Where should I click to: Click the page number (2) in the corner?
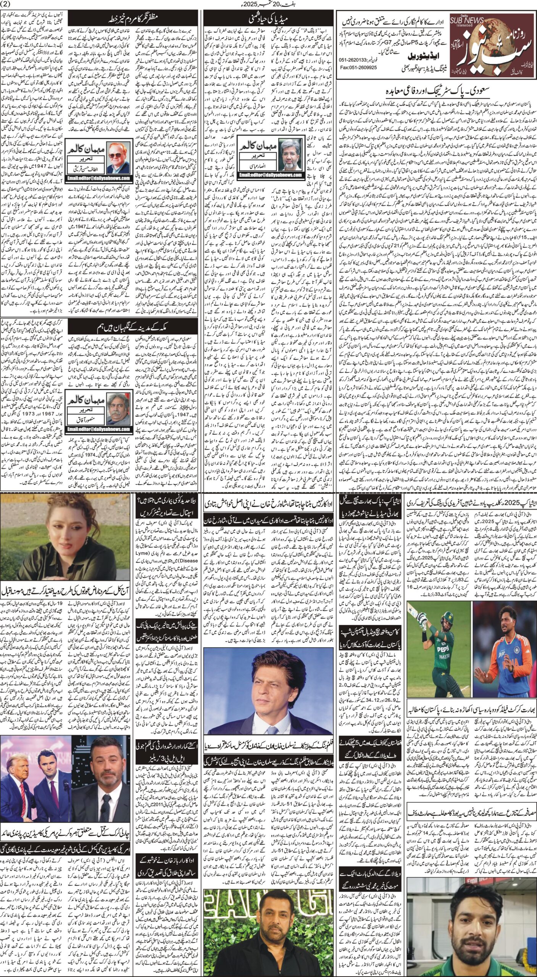[7, 4]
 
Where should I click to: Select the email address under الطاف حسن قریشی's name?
[99, 178]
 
